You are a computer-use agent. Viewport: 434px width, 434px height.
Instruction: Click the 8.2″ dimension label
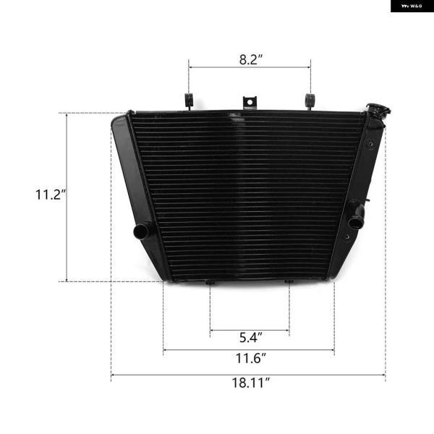point(250,60)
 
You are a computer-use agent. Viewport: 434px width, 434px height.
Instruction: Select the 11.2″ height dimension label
point(51,195)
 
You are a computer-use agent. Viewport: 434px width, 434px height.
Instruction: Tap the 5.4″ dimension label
point(250,338)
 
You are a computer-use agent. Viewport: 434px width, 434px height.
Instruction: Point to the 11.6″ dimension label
point(250,358)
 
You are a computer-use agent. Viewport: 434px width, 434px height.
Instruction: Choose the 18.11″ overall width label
point(250,383)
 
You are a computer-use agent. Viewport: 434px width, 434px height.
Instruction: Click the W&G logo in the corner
point(412,6)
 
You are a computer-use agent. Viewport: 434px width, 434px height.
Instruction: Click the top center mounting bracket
point(250,103)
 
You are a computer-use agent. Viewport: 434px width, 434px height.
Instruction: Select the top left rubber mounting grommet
point(190,101)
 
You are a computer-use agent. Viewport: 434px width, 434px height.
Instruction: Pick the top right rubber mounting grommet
point(310,101)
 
